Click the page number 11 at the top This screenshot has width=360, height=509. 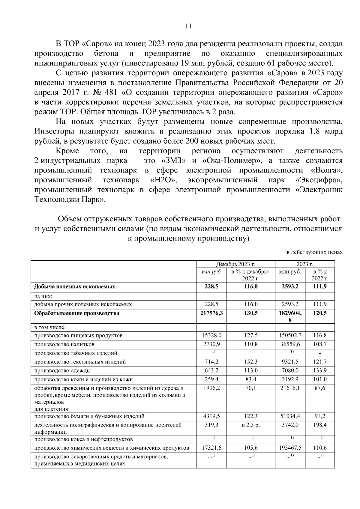[188, 26]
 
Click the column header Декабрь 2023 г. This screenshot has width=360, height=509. [235, 264]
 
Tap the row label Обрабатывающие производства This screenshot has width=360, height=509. [76, 313]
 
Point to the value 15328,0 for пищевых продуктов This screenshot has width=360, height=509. [211, 335]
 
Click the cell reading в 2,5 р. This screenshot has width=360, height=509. [251, 425]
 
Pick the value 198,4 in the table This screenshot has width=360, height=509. [320, 425]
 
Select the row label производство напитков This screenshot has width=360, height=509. [64, 344]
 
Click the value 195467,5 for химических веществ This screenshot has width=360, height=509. [290, 448]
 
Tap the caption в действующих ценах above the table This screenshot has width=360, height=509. [314, 253]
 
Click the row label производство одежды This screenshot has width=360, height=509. [62, 371]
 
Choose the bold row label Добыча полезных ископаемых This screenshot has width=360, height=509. [75, 287]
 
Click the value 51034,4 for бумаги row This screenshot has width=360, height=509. [290, 416]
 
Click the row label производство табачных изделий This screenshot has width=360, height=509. [76, 353]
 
